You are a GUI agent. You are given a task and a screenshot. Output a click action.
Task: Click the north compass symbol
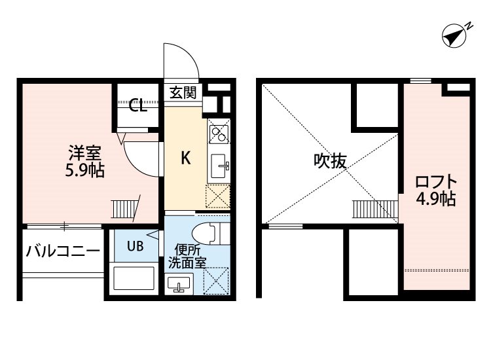click(456, 35)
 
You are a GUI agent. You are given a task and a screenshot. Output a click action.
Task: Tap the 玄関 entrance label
click(183, 92)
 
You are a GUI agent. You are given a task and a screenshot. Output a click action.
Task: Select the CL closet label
click(137, 105)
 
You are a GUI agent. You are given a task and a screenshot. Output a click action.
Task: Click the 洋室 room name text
click(84, 153)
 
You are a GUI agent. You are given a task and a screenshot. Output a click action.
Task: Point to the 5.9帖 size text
click(84, 170)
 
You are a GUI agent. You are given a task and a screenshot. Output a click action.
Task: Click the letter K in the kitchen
click(186, 158)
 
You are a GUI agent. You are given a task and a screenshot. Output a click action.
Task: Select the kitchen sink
click(219, 166)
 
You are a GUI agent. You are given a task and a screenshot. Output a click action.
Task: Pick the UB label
click(136, 246)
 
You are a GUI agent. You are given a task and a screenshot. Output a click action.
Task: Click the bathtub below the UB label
click(134, 278)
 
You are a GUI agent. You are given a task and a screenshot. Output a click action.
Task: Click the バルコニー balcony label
click(63, 251)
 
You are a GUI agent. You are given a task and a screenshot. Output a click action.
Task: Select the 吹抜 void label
click(330, 161)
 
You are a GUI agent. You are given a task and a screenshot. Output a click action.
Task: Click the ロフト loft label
click(436, 182)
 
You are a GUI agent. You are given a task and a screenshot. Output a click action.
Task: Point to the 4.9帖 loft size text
click(436, 199)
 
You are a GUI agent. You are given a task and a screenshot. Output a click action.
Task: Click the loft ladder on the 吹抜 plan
click(375, 209)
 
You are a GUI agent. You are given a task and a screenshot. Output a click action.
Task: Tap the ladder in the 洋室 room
click(125, 209)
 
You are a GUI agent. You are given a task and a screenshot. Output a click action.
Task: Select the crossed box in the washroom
click(216, 281)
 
